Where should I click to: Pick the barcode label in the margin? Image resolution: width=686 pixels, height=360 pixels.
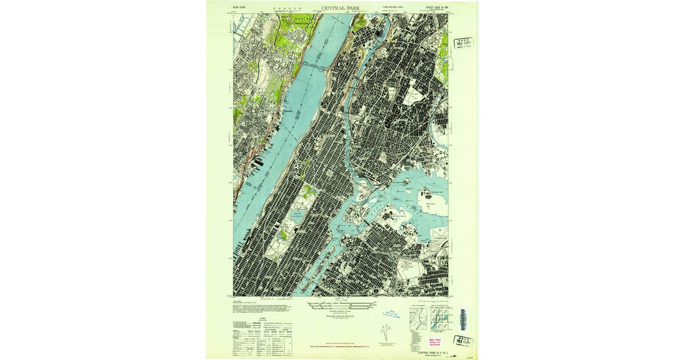tap(463, 318)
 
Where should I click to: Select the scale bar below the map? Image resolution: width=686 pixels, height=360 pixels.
tap(341, 306)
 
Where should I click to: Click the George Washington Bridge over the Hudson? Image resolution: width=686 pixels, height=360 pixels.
tap(309, 67)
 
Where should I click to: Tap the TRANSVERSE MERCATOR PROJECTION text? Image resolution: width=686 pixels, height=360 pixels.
tap(341, 314)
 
